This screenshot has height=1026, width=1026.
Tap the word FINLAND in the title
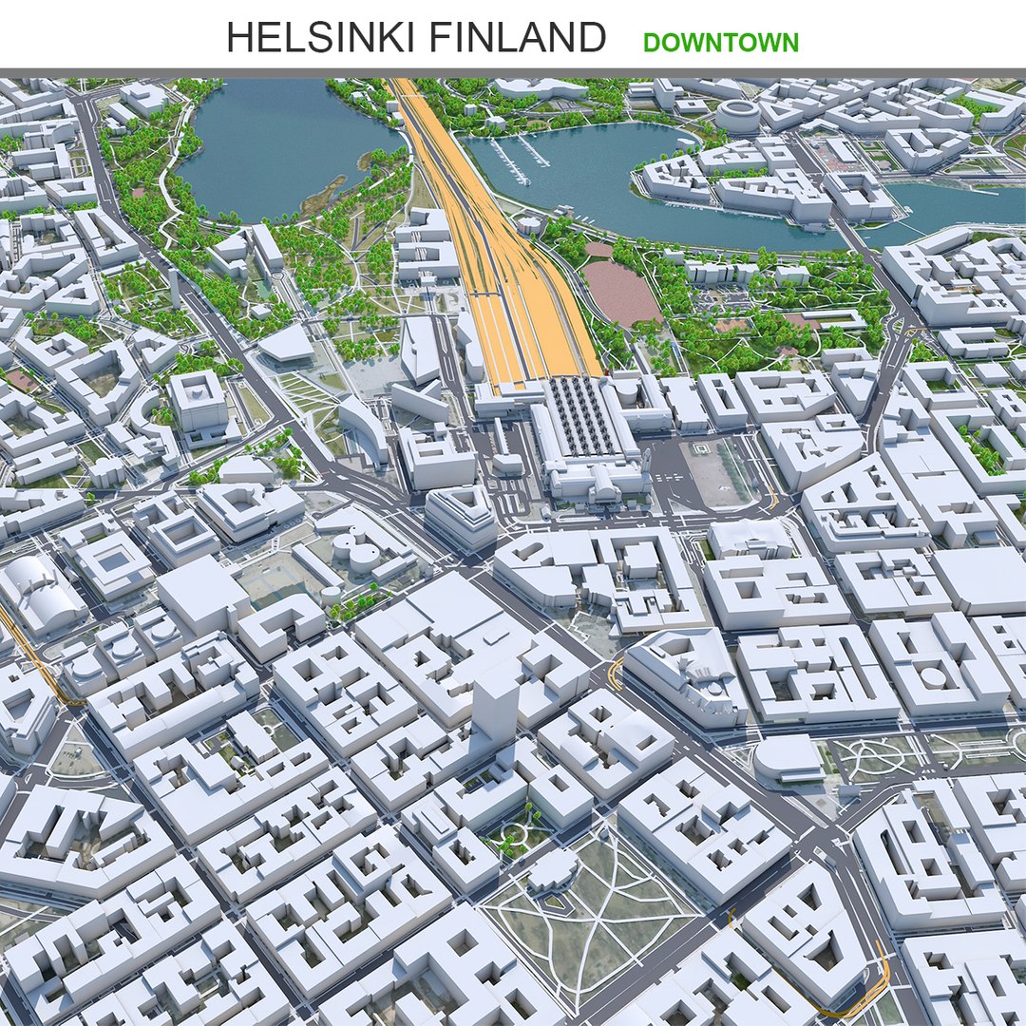point(517,38)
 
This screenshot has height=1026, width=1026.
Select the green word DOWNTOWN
point(720,43)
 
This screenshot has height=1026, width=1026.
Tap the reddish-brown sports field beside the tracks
point(621,290)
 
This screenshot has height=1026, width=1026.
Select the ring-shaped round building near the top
point(738,116)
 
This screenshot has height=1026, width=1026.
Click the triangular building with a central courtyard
point(461,513)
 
